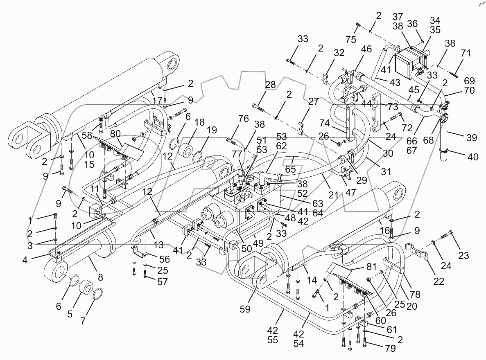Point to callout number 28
click(270, 85)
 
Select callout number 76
click(244, 119)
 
